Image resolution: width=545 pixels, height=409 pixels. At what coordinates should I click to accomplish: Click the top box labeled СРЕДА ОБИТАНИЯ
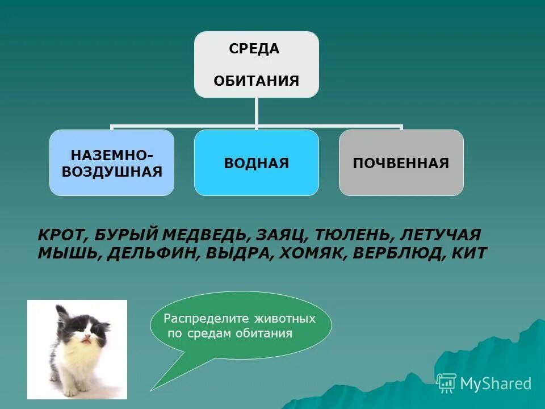click(x=256, y=64)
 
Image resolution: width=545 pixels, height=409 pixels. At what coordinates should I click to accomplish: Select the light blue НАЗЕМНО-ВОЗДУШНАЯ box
click(x=112, y=163)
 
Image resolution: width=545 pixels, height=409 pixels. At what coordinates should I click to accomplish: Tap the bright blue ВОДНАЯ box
click(x=256, y=163)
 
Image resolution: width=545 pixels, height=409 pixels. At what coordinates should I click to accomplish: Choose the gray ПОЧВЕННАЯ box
click(x=401, y=163)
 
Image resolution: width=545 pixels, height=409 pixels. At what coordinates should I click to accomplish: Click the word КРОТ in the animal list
click(x=61, y=235)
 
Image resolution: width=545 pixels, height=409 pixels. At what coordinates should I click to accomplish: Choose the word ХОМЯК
click(x=312, y=253)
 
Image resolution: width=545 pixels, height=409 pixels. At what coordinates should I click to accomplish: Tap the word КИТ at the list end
click(x=469, y=253)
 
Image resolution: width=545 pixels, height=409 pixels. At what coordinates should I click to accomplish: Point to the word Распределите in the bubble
click(x=197, y=319)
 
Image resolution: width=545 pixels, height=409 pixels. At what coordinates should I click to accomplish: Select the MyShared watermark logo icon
click(x=446, y=383)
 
